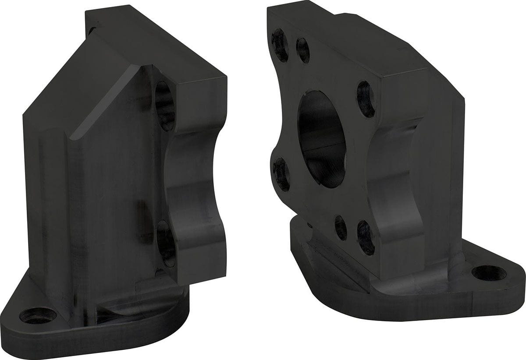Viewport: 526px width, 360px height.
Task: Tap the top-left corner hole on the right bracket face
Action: pyautogui.click(x=280, y=45)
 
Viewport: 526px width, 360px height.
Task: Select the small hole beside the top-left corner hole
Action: pyautogui.click(x=303, y=50)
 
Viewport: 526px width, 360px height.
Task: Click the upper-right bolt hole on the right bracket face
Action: pyautogui.click(x=366, y=99)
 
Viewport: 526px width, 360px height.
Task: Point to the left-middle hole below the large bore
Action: pyautogui.click(x=281, y=174)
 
